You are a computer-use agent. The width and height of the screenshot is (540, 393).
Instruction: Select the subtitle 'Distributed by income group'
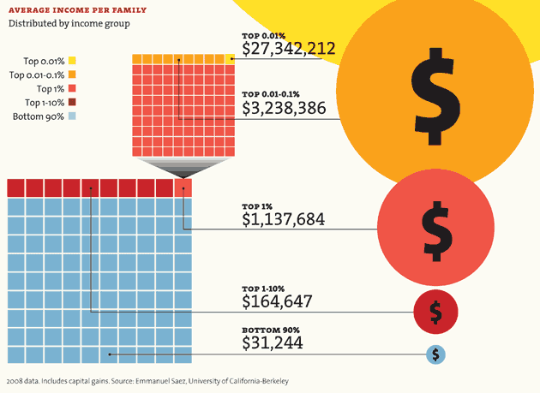click(x=69, y=23)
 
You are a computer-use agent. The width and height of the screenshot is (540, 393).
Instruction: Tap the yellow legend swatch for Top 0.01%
click(x=72, y=61)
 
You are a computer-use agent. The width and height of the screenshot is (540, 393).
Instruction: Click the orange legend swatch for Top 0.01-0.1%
click(x=72, y=74)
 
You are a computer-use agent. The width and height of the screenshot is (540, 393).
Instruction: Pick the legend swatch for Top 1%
click(x=72, y=88)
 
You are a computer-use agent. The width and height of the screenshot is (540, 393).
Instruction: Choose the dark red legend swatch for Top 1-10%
click(x=72, y=102)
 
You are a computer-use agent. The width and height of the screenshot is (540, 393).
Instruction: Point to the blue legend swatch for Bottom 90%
click(x=72, y=116)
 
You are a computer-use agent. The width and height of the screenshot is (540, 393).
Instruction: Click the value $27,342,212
click(x=288, y=48)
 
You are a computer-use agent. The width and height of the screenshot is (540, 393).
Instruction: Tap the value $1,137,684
click(x=284, y=219)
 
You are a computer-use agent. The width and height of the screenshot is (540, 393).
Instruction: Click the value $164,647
click(x=277, y=301)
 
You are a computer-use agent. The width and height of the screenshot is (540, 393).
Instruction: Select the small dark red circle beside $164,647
click(x=435, y=312)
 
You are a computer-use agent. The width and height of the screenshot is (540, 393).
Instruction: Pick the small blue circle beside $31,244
click(x=436, y=353)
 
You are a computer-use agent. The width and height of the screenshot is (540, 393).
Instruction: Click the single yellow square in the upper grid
click(x=231, y=58)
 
